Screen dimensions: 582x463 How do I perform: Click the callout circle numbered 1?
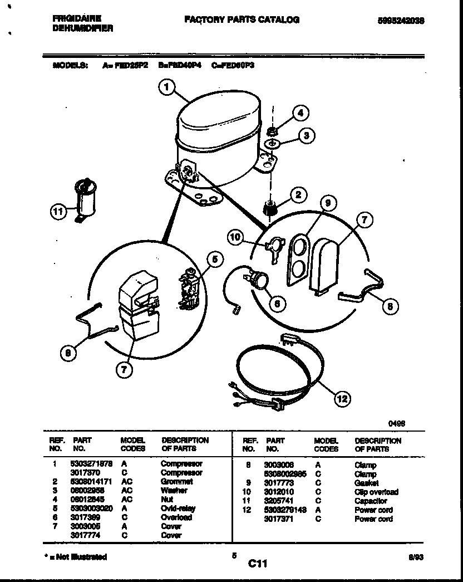tap(167, 87)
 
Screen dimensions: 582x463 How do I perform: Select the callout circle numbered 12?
tap(343, 398)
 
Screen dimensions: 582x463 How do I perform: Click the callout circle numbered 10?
tap(237, 237)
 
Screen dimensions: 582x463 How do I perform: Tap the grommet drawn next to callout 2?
tap(269, 209)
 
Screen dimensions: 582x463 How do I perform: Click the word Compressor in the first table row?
tap(181, 463)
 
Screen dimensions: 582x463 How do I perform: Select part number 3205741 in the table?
tap(278, 501)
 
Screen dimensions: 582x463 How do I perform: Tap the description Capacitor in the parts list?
tap(371, 501)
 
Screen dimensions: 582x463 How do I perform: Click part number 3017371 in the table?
tap(278, 519)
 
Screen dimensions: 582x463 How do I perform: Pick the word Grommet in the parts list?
tap(176, 481)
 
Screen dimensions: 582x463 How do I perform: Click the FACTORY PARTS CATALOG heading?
tap(242, 19)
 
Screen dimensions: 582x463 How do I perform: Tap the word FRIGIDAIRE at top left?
tap(77, 18)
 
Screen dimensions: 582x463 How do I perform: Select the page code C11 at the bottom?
tap(258, 564)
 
